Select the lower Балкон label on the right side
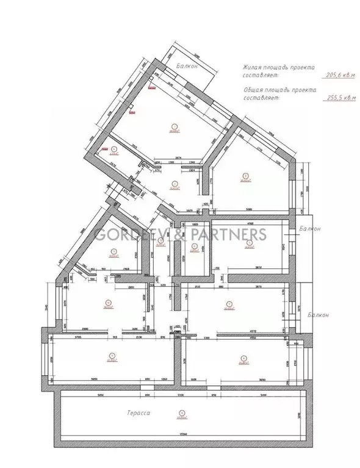tap(318, 315)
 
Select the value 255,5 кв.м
tap(339, 97)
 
